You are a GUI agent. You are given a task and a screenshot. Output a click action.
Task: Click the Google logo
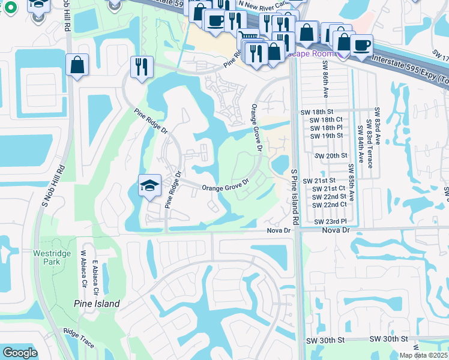(x=20, y=353)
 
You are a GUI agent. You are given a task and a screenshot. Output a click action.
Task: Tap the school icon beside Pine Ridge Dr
(x=149, y=185)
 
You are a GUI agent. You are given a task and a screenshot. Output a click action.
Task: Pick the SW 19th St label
(x=326, y=136)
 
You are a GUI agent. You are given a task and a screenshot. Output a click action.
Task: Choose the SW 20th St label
(x=333, y=155)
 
